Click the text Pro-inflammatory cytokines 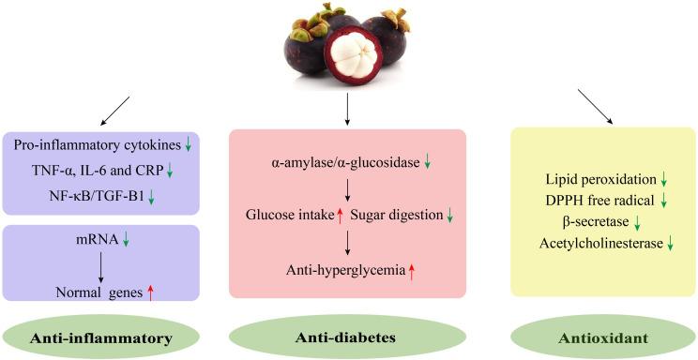[x=98, y=143]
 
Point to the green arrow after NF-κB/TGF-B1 [x=149, y=195]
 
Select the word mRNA [x=97, y=240]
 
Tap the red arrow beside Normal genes [x=150, y=292]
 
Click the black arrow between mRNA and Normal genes [x=100, y=265]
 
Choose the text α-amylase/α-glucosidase [x=341, y=162]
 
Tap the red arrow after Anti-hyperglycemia [x=410, y=272]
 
